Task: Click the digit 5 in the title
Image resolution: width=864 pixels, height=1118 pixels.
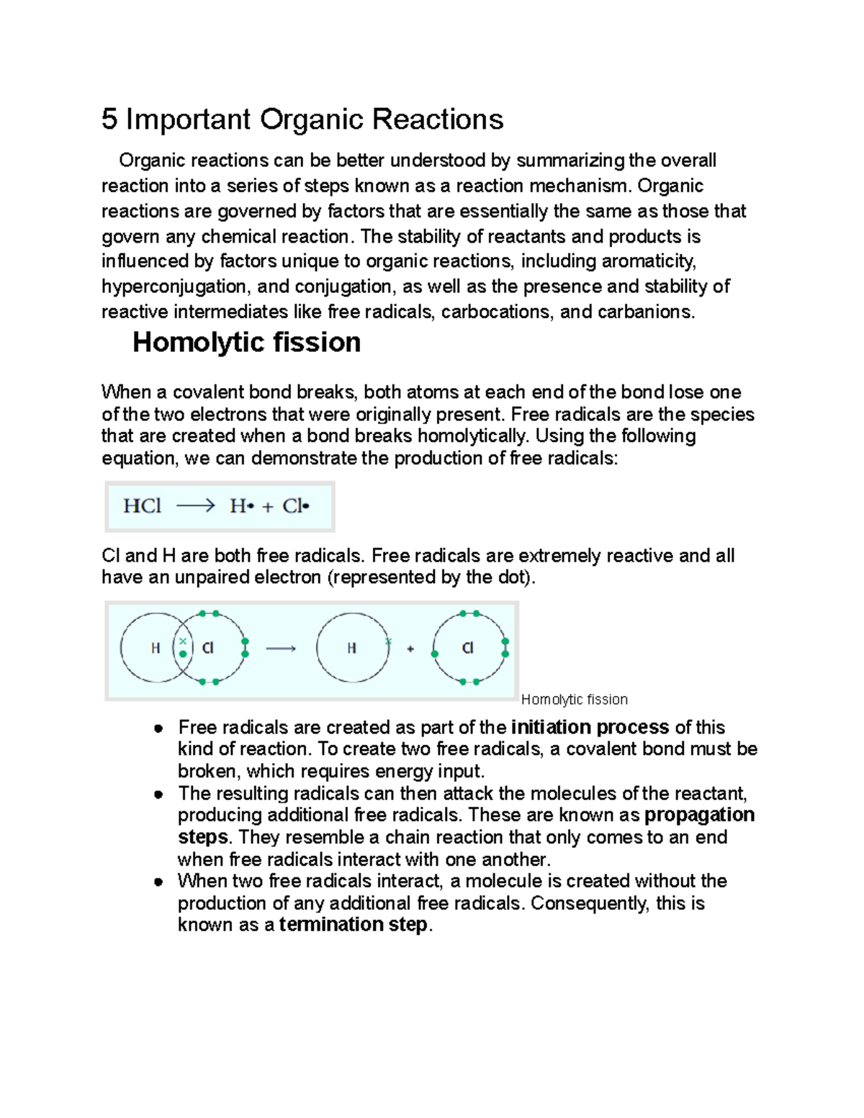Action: pos(109,120)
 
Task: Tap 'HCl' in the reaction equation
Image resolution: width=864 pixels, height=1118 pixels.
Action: pos(142,506)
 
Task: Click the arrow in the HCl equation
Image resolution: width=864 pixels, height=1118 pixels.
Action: pos(195,506)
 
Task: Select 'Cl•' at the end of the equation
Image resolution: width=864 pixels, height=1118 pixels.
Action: pos(295,506)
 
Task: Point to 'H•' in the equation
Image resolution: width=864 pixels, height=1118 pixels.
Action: pos(242,506)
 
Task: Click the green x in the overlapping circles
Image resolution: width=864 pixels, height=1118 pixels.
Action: pos(183,640)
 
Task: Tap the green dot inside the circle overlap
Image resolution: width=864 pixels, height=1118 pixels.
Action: pos(183,654)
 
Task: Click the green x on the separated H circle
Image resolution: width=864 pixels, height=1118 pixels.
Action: pos(388,640)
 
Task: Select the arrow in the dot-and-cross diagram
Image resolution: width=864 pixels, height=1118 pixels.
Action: pos(281,649)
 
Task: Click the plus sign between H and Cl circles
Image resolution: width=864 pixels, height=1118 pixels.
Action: pos(410,649)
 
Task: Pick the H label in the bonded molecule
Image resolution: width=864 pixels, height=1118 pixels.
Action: pos(155,649)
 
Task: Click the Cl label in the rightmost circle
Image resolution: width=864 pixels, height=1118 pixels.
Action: pos(467,649)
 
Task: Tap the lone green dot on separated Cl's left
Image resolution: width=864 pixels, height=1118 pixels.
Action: pos(435,654)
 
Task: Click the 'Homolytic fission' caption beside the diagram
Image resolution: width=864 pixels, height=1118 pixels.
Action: pos(574,700)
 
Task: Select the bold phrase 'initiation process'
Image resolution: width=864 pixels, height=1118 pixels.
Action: pos(590,727)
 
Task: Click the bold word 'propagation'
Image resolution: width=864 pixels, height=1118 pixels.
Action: pos(699,815)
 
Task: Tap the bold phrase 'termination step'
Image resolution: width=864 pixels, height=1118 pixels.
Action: pos(354,925)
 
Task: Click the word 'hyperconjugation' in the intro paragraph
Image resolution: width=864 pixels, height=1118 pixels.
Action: pos(174,287)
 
